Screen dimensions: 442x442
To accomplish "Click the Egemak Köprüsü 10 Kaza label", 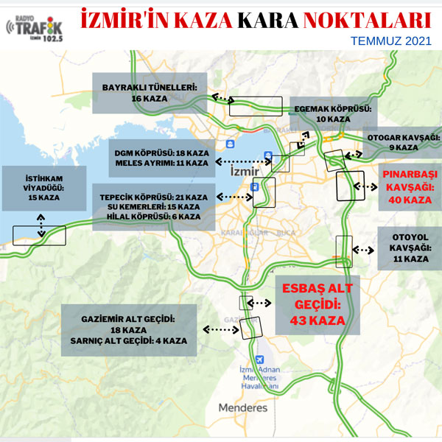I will click(331, 113).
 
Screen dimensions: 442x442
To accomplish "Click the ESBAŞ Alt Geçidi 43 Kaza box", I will click(317, 304).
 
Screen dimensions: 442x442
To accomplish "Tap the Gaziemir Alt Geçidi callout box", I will click(130, 331).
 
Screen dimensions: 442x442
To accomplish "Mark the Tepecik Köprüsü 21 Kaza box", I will click(155, 207).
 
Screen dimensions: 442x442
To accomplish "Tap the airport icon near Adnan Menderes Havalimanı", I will click(257, 359).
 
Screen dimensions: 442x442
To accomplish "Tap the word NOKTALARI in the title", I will click(361, 18).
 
